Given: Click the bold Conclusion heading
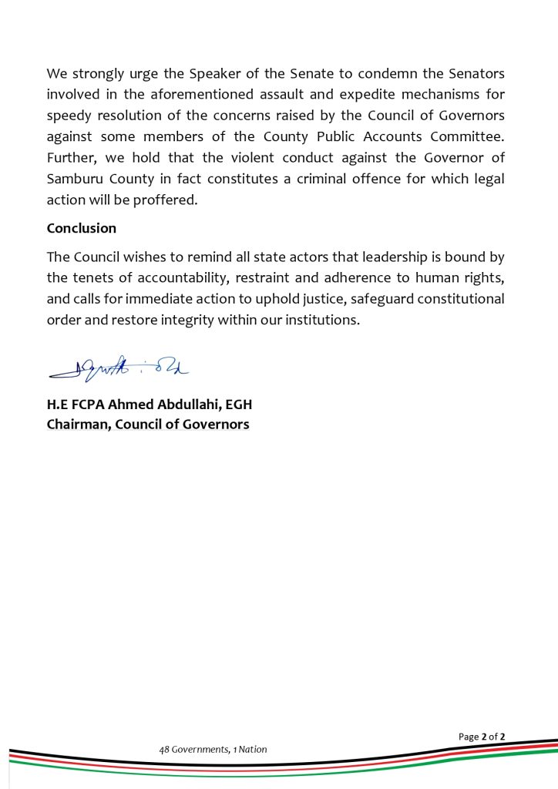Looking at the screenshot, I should pos(82,228).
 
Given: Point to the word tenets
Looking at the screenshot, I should pos(94,277).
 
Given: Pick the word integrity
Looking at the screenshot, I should pos(197,319).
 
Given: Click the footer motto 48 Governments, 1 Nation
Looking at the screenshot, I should pos(213,749).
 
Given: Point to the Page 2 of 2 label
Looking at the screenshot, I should pos(482,737).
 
